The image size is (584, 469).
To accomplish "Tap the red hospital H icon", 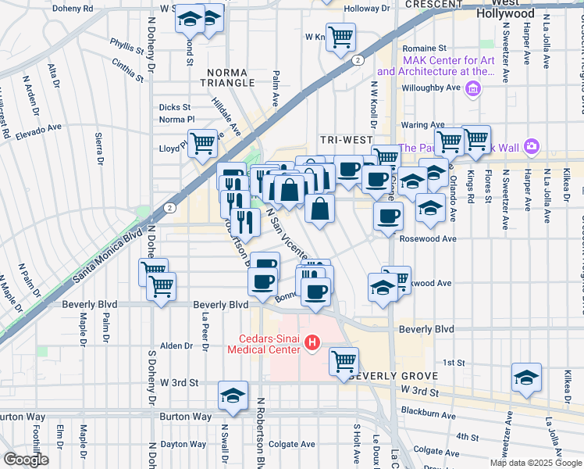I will (x=312, y=342).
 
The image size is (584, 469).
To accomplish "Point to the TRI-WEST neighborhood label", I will (x=346, y=140).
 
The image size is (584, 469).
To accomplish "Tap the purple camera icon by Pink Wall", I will (x=532, y=147).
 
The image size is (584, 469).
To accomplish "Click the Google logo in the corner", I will (x=26, y=460).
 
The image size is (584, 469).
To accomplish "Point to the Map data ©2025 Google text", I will (x=535, y=463).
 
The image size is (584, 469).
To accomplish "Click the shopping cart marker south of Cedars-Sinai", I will (x=343, y=361).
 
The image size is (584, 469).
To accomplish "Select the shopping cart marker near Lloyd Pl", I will (x=202, y=142).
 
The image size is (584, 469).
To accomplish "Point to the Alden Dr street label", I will (x=176, y=345).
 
